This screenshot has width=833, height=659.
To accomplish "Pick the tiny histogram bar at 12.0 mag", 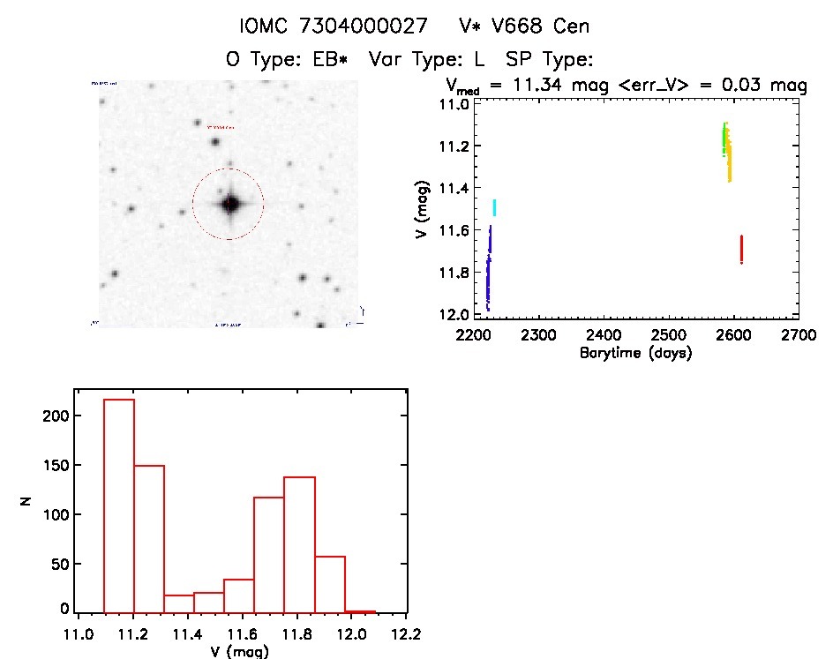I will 360,610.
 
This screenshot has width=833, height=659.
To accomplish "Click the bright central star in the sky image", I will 230,204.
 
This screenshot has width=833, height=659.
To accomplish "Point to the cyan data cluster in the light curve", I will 494,208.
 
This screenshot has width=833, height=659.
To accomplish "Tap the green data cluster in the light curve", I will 724,139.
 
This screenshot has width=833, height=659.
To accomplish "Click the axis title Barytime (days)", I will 635,353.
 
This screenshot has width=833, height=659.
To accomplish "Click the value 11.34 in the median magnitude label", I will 532,86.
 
